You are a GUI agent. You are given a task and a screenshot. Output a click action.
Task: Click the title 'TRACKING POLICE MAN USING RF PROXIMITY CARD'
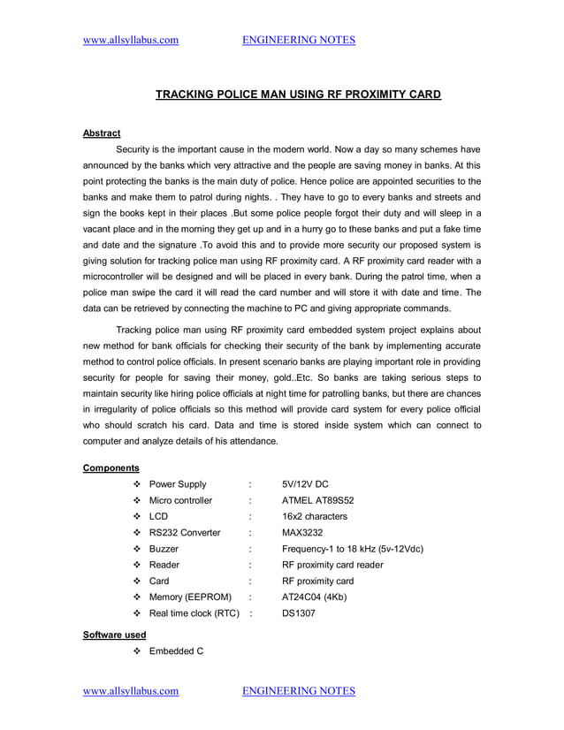pyautogui.click(x=298, y=94)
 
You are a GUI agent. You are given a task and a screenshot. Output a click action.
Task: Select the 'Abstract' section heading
pyautogui.click(x=101, y=133)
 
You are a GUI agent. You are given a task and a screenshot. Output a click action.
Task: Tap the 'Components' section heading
pyautogui.click(x=111, y=468)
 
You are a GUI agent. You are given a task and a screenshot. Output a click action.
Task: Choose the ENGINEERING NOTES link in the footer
pyautogui.click(x=298, y=690)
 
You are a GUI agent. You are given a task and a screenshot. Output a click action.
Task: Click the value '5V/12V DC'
pyautogui.click(x=306, y=484)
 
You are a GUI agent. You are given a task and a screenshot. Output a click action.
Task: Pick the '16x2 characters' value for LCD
pyautogui.click(x=315, y=516)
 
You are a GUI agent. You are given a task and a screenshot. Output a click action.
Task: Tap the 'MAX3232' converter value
pyautogui.click(x=303, y=533)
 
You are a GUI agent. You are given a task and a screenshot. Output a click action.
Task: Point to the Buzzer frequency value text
pyautogui.click(x=352, y=549)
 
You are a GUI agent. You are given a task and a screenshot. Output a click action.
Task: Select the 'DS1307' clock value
pyautogui.click(x=299, y=613)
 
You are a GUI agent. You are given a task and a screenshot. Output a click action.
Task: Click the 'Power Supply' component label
pyautogui.click(x=178, y=484)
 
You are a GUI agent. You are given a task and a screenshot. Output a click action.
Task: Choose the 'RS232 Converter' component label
pyautogui.click(x=185, y=533)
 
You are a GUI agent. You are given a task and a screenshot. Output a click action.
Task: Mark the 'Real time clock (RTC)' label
pyautogui.click(x=194, y=613)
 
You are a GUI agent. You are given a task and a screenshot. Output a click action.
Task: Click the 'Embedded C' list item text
pyautogui.click(x=177, y=651)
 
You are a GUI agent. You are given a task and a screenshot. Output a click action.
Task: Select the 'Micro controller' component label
pyautogui.click(x=180, y=500)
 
